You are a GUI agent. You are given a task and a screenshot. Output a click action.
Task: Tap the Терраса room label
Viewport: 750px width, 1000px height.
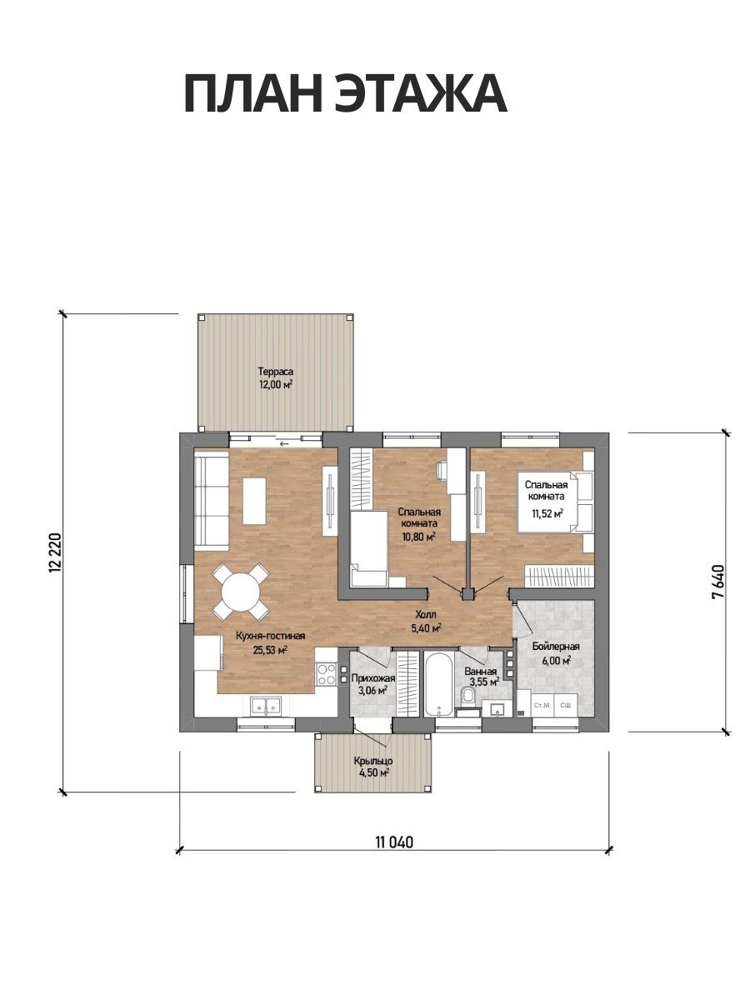[275, 370]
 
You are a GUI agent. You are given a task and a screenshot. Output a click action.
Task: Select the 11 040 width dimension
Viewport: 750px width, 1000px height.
[395, 842]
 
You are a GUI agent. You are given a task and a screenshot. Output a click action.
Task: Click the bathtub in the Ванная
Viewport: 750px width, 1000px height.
[438, 684]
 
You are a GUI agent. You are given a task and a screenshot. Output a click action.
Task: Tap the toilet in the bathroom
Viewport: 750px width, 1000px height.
[468, 696]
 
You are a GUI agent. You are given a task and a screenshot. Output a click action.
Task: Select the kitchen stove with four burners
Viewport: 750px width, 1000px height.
[326, 674]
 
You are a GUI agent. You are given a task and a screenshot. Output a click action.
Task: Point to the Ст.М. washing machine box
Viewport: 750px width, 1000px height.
[542, 705]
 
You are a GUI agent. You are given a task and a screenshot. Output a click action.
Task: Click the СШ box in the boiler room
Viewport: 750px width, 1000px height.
[566, 705]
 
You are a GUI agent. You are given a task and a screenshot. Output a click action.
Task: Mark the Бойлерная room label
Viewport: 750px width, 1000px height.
[556, 647]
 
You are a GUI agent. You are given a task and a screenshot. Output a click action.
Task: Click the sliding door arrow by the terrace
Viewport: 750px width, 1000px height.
[285, 443]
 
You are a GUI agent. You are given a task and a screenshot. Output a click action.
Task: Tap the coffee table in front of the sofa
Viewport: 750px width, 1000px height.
[254, 501]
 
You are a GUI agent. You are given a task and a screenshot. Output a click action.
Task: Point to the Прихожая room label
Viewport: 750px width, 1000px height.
[373, 679]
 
